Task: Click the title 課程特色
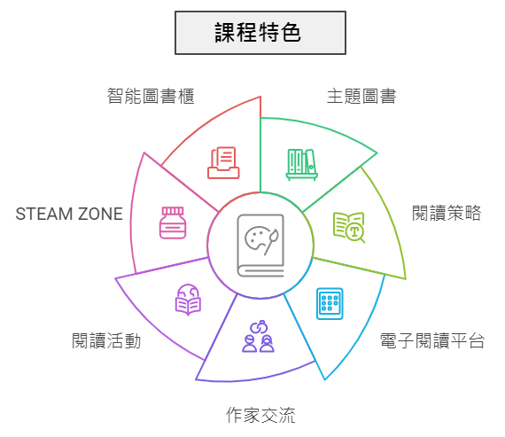(x=258, y=33)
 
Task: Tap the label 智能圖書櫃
(x=151, y=96)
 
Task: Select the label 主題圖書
(x=361, y=96)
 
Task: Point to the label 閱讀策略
(x=447, y=213)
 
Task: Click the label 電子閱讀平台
(x=432, y=341)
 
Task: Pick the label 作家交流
(x=260, y=415)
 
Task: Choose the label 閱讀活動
(x=106, y=341)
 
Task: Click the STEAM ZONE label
(x=69, y=214)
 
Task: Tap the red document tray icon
(x=223, y=163)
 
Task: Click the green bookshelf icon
(x=302, y=164)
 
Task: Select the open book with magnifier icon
(x=349, y=227)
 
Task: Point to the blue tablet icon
(x=330, y=303)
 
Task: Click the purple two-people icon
(x=259, y=336)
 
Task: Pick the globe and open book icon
(x=188, y=300)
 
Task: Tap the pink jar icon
(x=173, y=222)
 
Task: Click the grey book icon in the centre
(x=260, y=246)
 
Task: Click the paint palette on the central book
(x=258, y=238)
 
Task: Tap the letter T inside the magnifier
(x=354, y=231)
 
